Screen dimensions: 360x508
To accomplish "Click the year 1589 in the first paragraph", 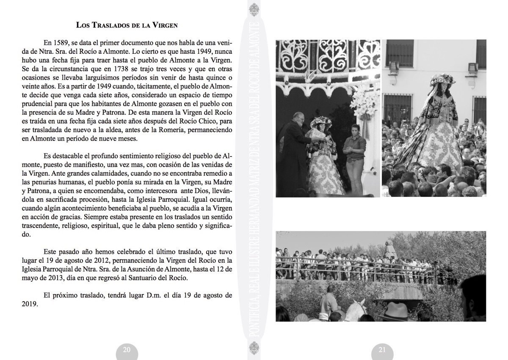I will tap(61, 43).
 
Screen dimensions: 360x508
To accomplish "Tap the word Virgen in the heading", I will tap(165, 25).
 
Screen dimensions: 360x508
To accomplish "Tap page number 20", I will tap(127, 349).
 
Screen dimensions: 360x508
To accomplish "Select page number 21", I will tap(382, 349).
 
